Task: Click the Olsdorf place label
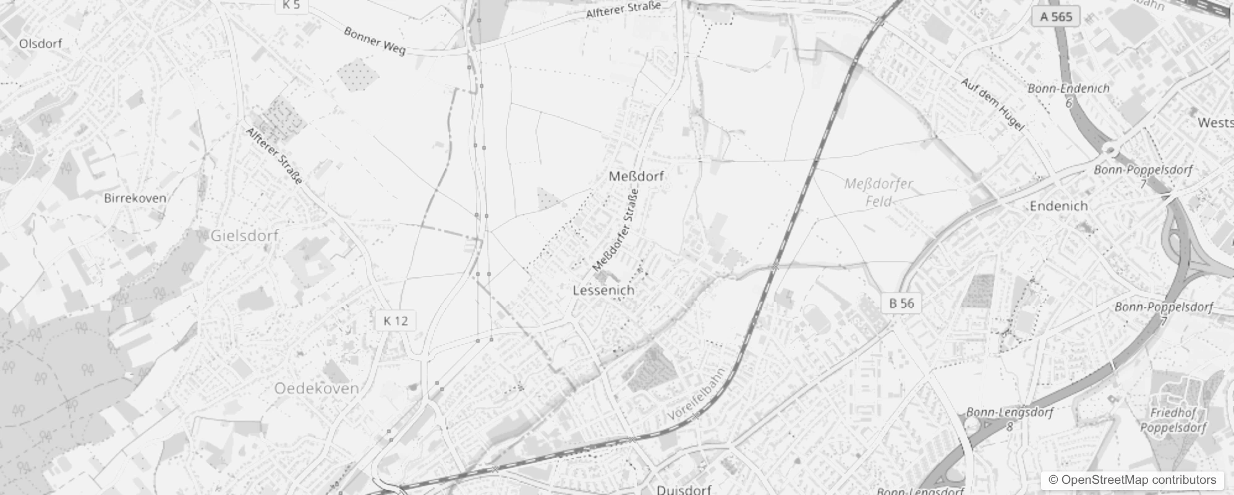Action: click(x=40, y=43)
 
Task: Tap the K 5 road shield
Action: click(x=291, y=5)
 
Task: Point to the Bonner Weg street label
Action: click(x=375, y=40)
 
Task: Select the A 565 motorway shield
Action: click(x=1055, y=16)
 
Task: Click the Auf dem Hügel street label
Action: click(x=992, y=104)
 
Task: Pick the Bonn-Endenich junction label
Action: click(x=1068, y=88)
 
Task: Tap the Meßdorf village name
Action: click(x=636, y=176)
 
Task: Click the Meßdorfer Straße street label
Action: click(x=615, y=231)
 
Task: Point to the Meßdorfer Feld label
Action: click(x=879, y=192)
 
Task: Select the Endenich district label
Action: click(x=1058, y=206)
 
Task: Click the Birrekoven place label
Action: click(x=135, y=198)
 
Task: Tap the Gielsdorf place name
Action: click(x=244, y=236)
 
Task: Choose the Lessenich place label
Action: click(x=603, y=290)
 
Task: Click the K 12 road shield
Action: click(x=396, y=321)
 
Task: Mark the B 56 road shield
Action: click(x=901, y=303)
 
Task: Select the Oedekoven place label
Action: click(x=316, y=389)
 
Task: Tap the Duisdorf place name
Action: click(x=684, y=489)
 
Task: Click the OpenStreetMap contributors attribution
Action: click(x=1133, y=480)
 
